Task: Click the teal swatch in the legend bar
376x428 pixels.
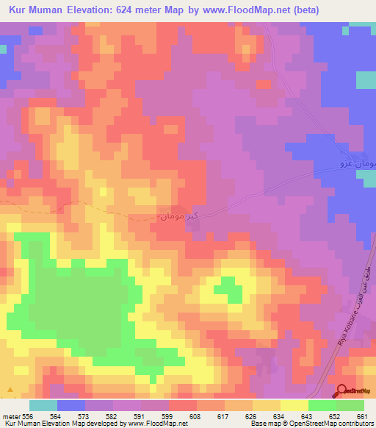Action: coord(43,405)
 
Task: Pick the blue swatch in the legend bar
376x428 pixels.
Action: coord(71,405)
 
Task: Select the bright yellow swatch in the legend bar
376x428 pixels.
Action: coord(294,405)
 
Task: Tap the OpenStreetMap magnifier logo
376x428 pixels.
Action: coord(342,391)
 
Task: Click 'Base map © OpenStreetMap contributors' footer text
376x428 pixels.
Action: coord(310,424)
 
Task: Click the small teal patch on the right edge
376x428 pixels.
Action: coord(366,79)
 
